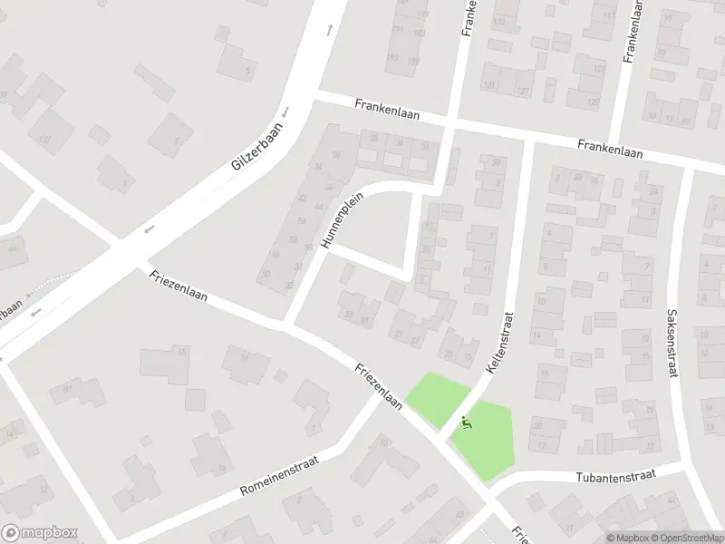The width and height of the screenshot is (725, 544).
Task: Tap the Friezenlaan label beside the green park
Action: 379,387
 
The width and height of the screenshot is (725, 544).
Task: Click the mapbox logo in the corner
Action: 40,533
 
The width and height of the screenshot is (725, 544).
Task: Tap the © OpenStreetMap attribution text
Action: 686,538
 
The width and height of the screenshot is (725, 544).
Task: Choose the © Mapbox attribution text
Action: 628,538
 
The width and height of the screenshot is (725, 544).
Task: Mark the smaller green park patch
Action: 438,398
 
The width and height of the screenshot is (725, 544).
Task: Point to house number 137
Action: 43,140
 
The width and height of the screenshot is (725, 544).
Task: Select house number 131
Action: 490,86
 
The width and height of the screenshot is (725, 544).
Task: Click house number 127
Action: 523,92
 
